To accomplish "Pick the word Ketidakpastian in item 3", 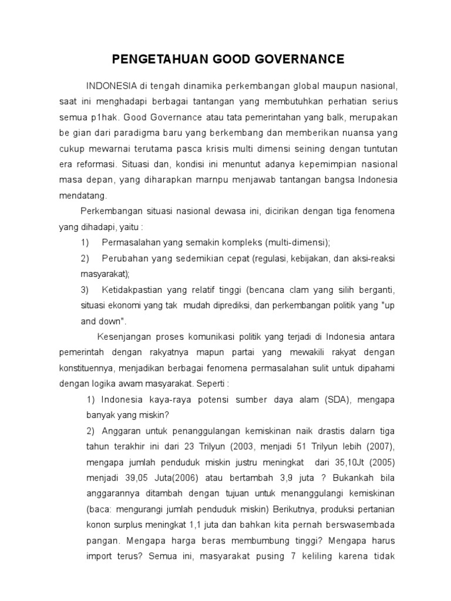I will pos(129,291).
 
